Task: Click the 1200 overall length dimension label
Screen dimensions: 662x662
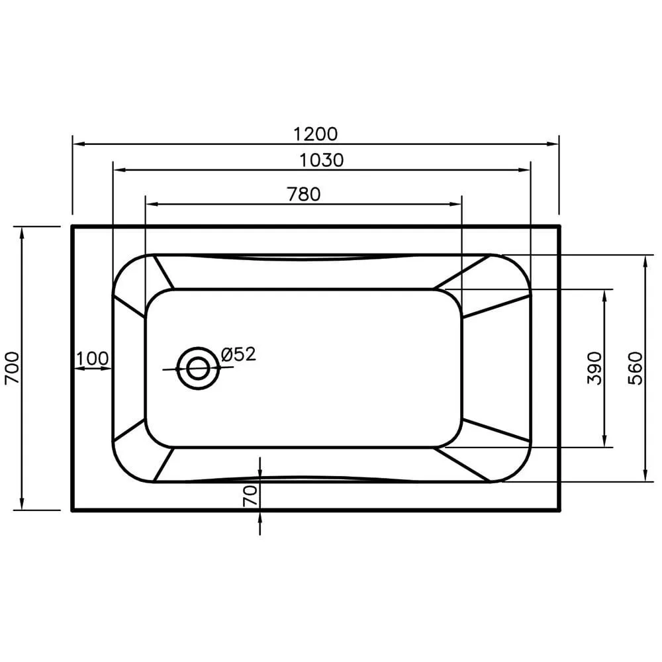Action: (x=316, y=134)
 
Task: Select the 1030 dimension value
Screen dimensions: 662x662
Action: (x=322, y=160)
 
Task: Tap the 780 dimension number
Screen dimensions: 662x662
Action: (x=303, y=194)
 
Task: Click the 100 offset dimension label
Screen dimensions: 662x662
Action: (x=92, y=358)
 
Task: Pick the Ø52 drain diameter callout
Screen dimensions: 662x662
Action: (x=238, y=354)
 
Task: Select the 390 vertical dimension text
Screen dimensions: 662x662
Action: (x=594, y=368)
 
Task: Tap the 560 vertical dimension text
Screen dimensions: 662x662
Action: (x=635, y=369)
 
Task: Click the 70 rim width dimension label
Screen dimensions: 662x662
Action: (x=250, y=496)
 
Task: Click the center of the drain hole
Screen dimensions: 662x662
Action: (x=197, y=368)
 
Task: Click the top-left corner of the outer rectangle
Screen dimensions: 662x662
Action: (x=72, y=226)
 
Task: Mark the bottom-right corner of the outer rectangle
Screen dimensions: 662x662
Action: (x=559, y=510)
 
